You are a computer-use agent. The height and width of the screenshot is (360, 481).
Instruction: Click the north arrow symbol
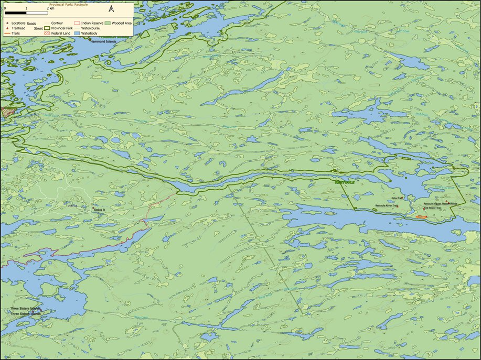tap(111, 8)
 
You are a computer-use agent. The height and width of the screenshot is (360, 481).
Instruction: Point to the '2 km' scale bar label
tap(51, 8)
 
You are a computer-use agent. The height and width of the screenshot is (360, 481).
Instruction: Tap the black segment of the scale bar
tap(15, 12)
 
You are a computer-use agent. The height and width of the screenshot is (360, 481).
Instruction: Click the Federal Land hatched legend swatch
tap(77, 34)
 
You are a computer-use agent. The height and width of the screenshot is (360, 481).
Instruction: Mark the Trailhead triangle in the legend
tap(7, 28)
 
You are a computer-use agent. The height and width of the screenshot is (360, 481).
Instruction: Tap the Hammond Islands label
tap(102, 42)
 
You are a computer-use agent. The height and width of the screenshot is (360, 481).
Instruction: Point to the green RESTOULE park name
tap(345, 183)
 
